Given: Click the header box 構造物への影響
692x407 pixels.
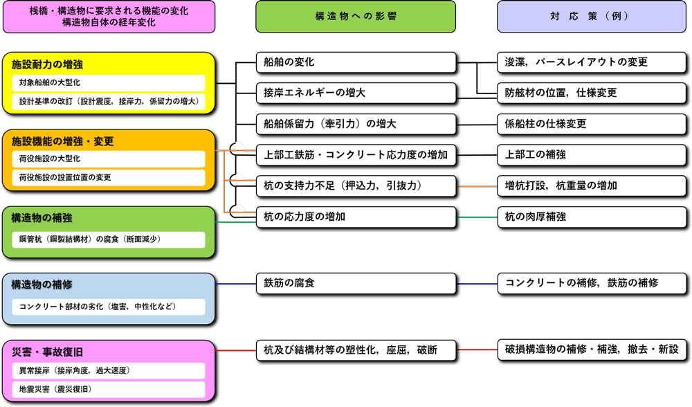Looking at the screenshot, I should tap(356, 16).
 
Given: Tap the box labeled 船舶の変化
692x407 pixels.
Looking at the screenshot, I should tap(356, 62).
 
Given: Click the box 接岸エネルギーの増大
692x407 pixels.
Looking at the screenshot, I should tap(356, 93).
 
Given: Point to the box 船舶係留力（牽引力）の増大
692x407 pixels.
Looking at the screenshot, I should tap(356, 124).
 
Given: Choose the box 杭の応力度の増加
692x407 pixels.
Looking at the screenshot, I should tap(356, 217).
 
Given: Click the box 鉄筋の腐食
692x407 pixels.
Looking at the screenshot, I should tap(356, 283).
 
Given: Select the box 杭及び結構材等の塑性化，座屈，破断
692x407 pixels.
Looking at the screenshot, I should tap(356, 350).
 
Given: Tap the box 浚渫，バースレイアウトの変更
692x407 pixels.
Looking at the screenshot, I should tap(592, 62).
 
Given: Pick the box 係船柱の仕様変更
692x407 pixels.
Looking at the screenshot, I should tap(592, 124).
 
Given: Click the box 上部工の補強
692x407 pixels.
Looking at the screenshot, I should tap(592, 154).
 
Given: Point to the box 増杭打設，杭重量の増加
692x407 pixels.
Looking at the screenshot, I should tap(592, 186).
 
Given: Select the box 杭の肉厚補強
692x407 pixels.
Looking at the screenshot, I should tap(592, 217).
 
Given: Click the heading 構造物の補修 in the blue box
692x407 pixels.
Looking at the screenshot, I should tap(42, 284).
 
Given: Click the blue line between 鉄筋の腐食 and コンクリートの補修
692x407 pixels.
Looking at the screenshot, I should tap(477, 284).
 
